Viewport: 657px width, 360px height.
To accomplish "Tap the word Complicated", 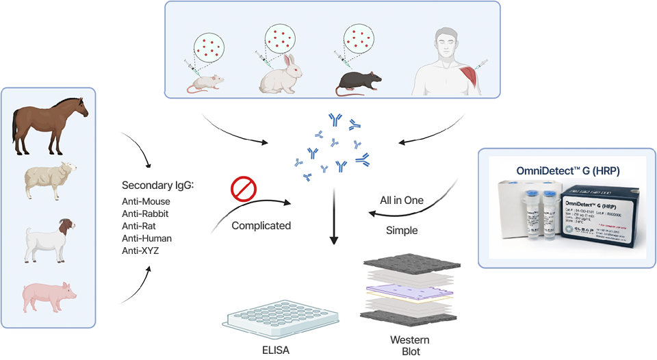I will (x=261, y=225).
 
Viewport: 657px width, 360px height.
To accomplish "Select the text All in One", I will (x=402, y=201).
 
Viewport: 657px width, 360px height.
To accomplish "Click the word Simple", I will (x=402, y=231).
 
